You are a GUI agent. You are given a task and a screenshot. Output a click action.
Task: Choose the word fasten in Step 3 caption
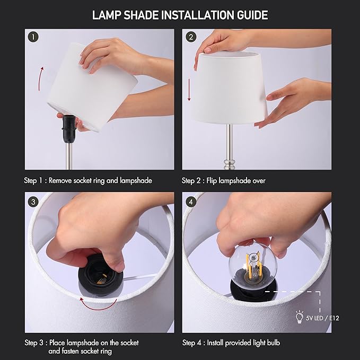point(80,351)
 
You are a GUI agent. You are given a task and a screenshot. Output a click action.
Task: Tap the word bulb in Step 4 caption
point(271,343)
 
